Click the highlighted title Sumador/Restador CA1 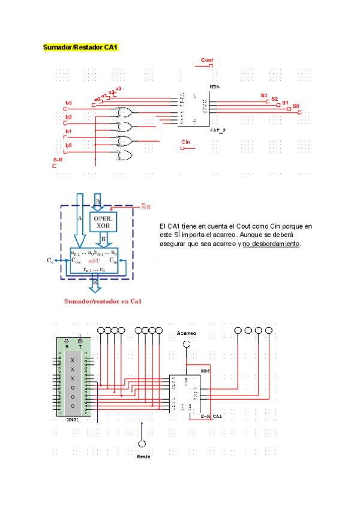tap(80, 47)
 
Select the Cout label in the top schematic tap(207, 60)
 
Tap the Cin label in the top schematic tap(186, 142)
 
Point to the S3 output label tap(264, 96)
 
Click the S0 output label tap(296, 106)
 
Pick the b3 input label tap(68, 103)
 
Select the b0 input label tap(68, 145)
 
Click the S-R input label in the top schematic tap(58, 160)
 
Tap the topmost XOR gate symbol tap(125, 112)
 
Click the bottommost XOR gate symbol tap(125, 155)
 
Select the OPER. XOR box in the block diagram tap(103, 221)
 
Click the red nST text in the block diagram tap(94, 261)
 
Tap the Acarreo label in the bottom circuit tap(187, 333)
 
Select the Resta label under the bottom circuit tap(143, 456)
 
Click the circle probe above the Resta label tap(142, 444)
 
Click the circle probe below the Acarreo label tap(187, 343)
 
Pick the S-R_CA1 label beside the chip tap(211, 415)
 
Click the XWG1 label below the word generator tap(73, 420)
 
